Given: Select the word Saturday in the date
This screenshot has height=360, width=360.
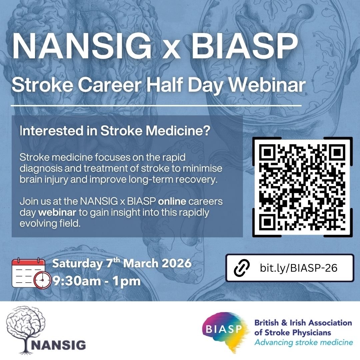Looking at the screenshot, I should click(77, 264).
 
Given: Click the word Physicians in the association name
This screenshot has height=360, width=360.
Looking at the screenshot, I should click(311, 333).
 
